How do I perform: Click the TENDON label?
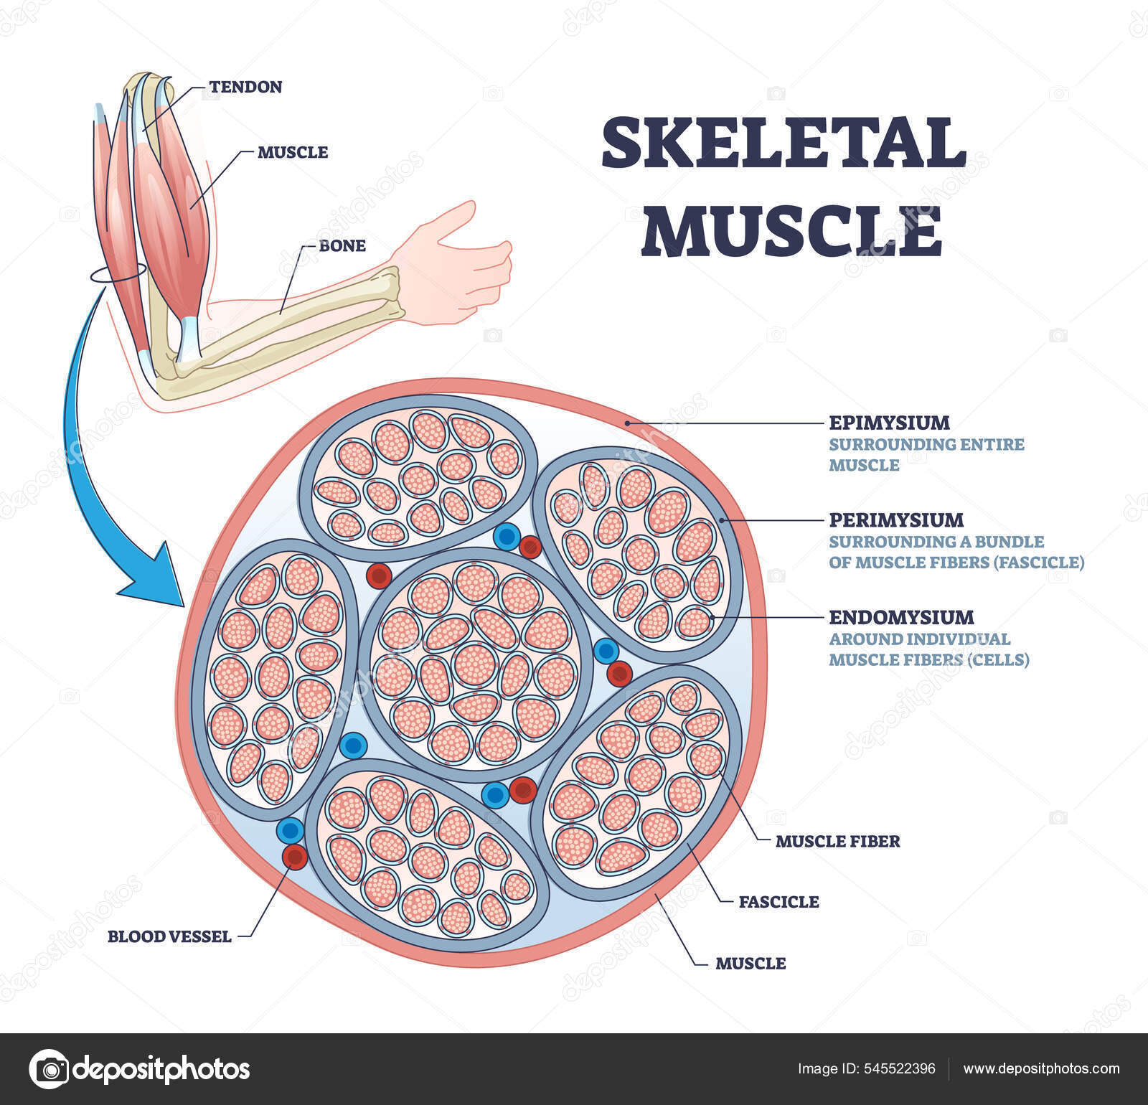(245, 87)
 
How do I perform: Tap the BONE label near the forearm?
(342, 245)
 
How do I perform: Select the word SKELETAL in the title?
(784, 144)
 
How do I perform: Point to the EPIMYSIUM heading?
(889, 422)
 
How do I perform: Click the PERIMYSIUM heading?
(896, 519)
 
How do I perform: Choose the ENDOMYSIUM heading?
(901, 617)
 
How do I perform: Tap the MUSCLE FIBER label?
(837, 841)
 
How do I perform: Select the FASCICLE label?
(778, 901)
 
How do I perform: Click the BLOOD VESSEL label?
(169, 936)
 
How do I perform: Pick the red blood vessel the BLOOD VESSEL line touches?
(294, 857)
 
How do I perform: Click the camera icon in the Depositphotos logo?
(49, 1069)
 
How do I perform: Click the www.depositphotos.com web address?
(1041, 1069)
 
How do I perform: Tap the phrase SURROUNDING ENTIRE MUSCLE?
(926, 454)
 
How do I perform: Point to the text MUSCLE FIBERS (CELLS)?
(928, 659)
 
